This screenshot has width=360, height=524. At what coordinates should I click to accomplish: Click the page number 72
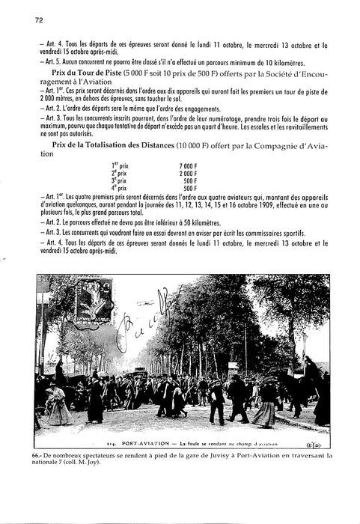pos(39,21)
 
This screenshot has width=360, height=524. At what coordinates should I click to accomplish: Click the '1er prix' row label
pos(120,165)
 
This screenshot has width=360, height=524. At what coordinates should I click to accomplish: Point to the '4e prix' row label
pos(120,187)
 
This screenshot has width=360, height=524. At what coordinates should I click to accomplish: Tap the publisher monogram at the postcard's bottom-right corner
pos(320,443)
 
